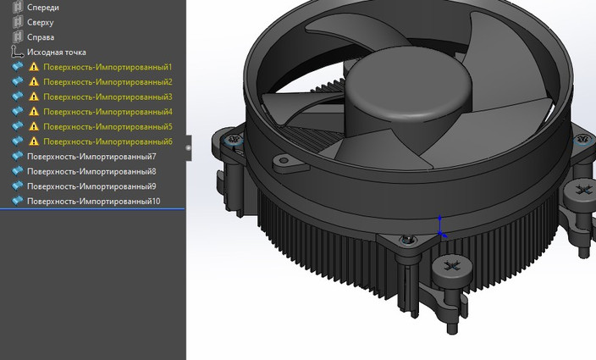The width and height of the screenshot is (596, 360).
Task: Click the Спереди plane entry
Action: (42, 7)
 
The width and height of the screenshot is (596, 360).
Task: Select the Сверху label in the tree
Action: (41, 22)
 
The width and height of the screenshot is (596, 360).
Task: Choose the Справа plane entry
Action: (41, 37)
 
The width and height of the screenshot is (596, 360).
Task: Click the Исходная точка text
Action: (56, 53)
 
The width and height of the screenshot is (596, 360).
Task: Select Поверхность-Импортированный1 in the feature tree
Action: (108, 67)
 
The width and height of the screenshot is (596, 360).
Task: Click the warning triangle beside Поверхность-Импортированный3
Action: (34, 97)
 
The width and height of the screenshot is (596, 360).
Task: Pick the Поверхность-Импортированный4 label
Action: (108, 112)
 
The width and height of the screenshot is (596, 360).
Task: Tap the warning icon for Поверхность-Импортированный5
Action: (34, 127)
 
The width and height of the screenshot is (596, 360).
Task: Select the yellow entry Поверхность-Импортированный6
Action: (108, 141)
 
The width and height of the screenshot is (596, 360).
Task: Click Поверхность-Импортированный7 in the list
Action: (91, 157)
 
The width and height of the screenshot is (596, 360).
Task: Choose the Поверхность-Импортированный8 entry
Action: (91, 171)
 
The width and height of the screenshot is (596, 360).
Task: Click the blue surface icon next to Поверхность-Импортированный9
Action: (17, 186)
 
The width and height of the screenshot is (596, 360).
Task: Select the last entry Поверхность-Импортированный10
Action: (93, 202)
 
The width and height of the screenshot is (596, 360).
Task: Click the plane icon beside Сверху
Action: (17, 22)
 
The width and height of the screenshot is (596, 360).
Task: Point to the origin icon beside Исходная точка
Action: (17, 53)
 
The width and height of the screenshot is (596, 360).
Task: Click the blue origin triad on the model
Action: (439, 227)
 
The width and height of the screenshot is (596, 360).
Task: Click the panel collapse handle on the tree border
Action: (188, 147)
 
